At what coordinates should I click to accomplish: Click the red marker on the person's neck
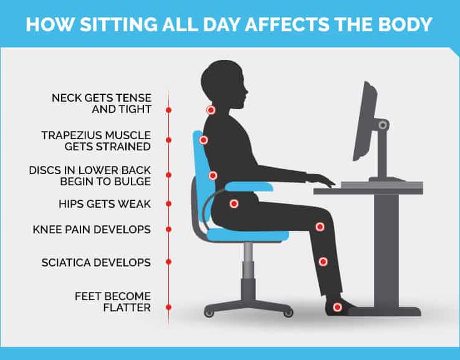click(211, 110)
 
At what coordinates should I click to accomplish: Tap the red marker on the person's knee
click(320, 226)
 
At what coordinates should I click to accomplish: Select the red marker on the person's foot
click(337, 307)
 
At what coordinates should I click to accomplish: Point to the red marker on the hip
click(234, 203)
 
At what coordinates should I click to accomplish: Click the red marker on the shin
click(323, 262)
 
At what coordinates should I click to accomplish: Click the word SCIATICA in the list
click(65, 263)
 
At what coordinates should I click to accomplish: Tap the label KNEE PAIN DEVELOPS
click(92, 230)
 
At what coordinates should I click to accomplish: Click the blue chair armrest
click(249, 185)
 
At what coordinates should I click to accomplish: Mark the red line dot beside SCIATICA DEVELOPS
click(168, 263)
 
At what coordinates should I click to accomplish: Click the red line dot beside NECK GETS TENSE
click(168, 109)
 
